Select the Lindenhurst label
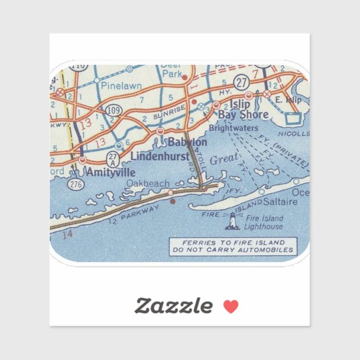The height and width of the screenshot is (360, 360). (159, 157)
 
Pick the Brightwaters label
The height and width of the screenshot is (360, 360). (233, 128)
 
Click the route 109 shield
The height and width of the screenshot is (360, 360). (113, 110)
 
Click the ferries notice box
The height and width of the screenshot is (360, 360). (233, 247)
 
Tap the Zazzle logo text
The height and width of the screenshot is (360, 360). (173, 306)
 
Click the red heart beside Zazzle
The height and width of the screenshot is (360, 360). (231, 306)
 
